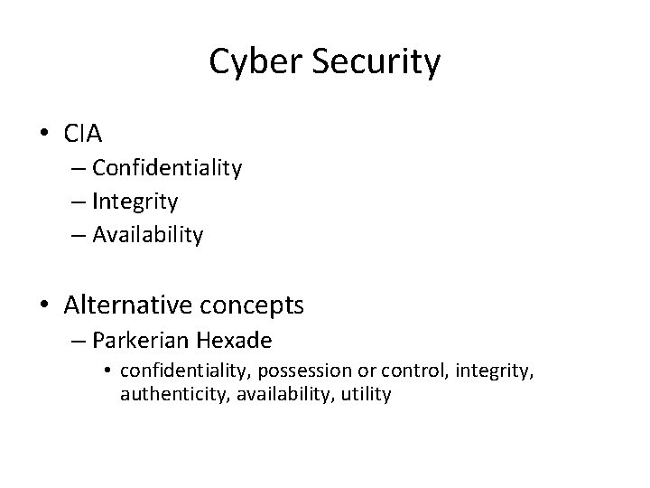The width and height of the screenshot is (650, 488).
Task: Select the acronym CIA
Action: coord(84,135)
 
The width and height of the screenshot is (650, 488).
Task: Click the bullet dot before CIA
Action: coord(44,136)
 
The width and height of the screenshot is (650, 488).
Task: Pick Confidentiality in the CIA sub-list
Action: coord(166,168)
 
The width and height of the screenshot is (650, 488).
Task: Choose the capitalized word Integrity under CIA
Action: coord(135,202)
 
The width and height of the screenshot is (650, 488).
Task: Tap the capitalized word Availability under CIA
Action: coord(148,235)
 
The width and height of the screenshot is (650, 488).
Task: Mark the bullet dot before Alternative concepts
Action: coord(44,306)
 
